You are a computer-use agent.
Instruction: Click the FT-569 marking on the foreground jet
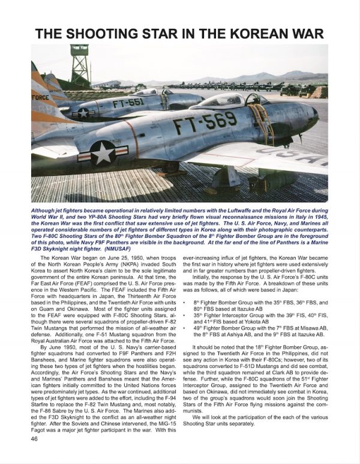(x=199, y=125)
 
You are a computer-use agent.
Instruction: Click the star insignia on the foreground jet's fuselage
(x=103, y=152)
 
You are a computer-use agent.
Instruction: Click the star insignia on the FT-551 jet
(x=83, y=112)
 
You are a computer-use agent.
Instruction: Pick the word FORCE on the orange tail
(x=41, y=95)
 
